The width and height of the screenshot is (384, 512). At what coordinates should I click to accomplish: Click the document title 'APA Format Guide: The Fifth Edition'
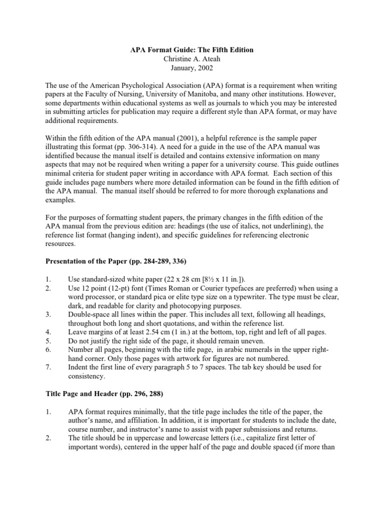[192, 50]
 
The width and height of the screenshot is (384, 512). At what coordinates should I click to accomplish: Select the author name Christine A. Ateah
[192, 59]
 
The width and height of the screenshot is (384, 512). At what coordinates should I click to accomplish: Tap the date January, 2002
[192, 68]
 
